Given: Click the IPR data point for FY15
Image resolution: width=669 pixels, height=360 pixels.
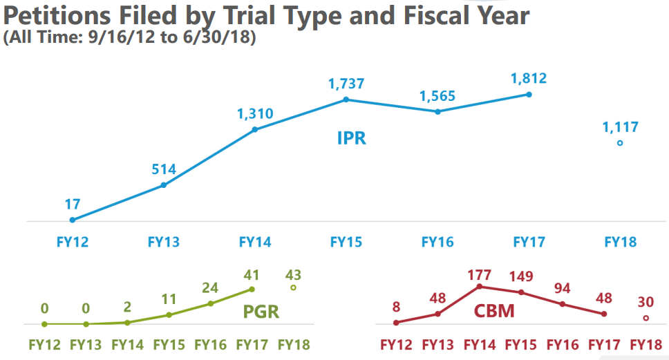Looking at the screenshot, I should [346, 100].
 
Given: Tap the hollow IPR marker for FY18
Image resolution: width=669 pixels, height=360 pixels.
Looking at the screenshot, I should [620, 143].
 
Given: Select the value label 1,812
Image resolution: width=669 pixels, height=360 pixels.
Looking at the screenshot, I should [529, 79].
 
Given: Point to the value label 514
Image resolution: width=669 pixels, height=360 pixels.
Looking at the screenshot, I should [164, 169].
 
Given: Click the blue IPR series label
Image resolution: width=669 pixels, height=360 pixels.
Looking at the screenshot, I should [351, 138].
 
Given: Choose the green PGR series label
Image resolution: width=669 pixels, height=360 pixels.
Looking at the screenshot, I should [261, 312].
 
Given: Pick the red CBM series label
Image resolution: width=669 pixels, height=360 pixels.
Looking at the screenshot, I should [494, 312].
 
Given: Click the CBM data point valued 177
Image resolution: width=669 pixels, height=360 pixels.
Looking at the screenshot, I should [480, 287].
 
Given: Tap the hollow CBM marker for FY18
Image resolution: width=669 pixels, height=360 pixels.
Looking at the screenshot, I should [646, 318].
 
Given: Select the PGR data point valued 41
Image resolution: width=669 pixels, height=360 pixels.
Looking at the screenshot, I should [252, 290].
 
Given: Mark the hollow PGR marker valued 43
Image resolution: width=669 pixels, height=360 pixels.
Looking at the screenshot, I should [293, 287].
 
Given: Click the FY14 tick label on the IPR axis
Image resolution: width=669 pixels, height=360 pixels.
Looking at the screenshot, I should [255, 243].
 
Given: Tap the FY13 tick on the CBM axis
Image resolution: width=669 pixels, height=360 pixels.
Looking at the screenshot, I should [438, 344].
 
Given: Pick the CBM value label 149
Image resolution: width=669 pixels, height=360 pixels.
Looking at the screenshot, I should [521, 276].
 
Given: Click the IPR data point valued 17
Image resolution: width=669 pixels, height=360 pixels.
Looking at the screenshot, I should [73, 220].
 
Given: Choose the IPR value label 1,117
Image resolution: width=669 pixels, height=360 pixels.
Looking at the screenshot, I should [620, 127].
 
